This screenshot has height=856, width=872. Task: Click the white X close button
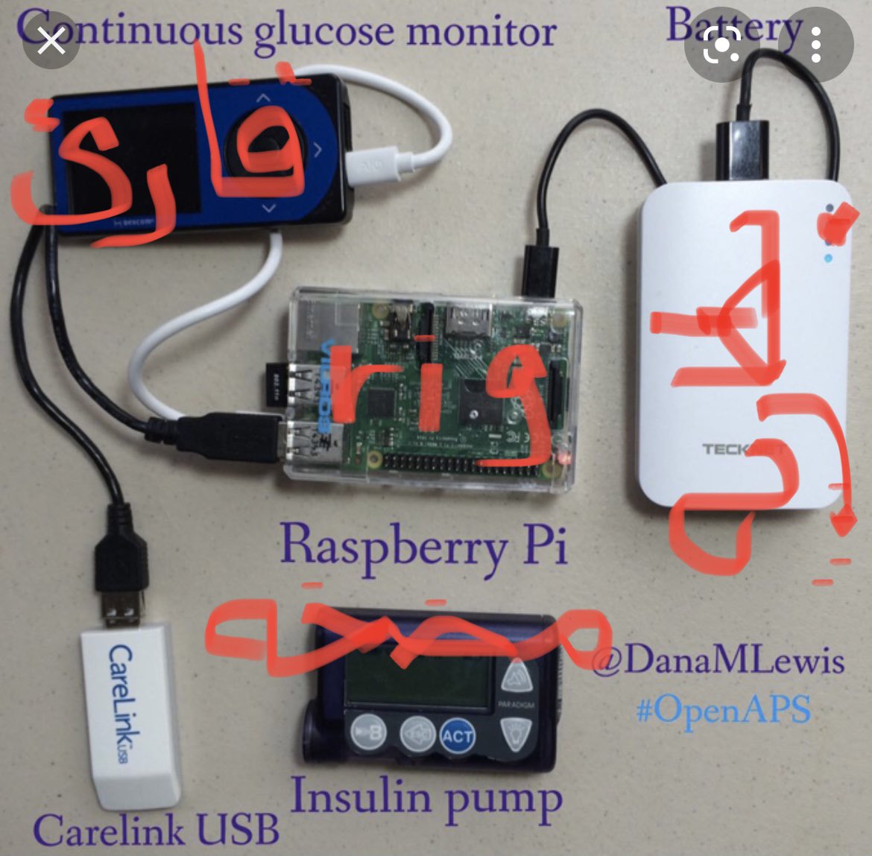click(51, 42)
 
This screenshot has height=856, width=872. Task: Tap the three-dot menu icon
click(816, 48)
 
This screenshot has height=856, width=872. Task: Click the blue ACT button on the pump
click(457, 736)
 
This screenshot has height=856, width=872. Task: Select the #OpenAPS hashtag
click(723, 708)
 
